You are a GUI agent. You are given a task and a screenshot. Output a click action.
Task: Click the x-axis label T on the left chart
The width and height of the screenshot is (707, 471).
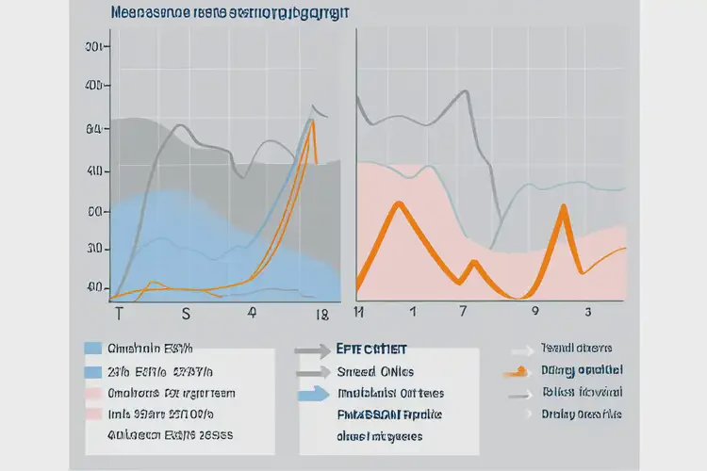[118, 312]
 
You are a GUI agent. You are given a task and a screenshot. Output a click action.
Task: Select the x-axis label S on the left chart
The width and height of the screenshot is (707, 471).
[186, 312]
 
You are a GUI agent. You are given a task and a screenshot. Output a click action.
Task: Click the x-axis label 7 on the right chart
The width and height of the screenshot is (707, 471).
[462, 310]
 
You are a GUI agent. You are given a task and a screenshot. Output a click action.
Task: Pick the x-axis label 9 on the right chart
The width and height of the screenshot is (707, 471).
[535, 310]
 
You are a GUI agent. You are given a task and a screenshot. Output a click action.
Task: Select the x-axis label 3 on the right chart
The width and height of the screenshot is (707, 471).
[588, 310]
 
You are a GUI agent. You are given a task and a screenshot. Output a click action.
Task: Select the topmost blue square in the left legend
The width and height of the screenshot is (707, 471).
[93, 348]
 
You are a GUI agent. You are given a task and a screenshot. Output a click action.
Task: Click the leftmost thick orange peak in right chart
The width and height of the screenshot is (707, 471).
[399, 204]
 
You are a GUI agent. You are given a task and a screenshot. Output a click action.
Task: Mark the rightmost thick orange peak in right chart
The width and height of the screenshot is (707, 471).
[563, 207]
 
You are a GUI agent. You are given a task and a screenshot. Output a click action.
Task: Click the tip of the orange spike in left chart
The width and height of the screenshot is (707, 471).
[312, 120]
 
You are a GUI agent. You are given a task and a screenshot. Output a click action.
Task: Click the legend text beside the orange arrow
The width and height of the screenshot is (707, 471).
[581, 370]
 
